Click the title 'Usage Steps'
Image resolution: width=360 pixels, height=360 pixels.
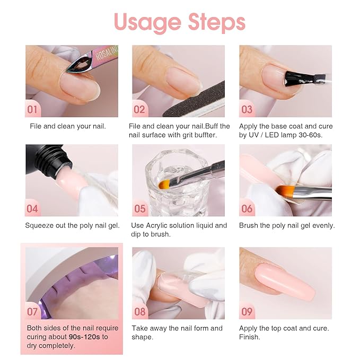(x=180, y=22)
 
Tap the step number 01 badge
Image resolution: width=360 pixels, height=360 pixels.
(x=33, y=109)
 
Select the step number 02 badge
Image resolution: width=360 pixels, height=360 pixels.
(x=139, y=109)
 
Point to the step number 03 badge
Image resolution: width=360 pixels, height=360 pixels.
(x=247, y=109)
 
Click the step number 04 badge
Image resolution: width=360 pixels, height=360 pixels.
(x=33, y=208)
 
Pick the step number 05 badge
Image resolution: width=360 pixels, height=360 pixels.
(x=139, y=208)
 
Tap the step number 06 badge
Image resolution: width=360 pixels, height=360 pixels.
(x=247, y=208)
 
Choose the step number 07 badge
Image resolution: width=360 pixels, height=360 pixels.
(x=33, y=311)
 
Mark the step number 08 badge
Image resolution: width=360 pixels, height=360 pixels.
(x=139, y=311)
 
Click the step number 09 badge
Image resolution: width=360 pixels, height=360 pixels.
(x=247, y=311)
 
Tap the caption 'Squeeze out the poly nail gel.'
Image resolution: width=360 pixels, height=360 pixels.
(x=73, y=225)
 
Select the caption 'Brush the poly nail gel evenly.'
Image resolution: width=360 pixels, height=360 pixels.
(x=287, y=225)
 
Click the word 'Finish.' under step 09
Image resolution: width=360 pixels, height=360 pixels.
(x=250, y=337)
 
